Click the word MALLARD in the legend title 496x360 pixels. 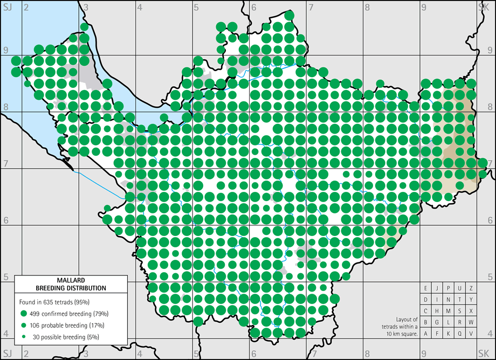(71, 280)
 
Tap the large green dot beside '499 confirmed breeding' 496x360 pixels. (23, 313)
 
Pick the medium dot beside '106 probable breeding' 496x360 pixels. (23, 325)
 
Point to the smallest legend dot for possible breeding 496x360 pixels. (23, 337)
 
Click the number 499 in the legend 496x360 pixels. (36, 313)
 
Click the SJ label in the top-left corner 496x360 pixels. (8, 7)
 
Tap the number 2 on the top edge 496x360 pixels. (25, 7)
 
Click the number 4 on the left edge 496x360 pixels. (5, 334)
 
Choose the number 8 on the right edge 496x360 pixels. (491, 106)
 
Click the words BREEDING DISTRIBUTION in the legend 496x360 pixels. (71, 287)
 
